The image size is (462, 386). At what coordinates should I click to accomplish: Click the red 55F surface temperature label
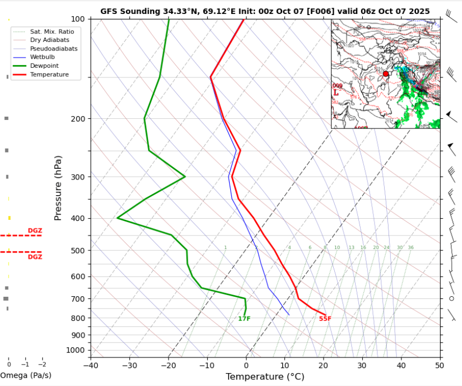coord(325,319)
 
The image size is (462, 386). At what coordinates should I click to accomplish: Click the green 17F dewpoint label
coord(244,319)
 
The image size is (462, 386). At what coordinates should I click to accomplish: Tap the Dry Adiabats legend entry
coord(48,40)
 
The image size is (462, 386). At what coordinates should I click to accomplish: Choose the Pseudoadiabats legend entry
coord(54,48)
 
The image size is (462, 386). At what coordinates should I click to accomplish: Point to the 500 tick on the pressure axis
coord(77,251)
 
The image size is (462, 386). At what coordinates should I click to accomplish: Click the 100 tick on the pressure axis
coord(77,19)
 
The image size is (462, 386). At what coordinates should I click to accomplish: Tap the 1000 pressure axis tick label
coord(75,351)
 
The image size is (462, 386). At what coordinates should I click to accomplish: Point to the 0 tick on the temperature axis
coord(246,366)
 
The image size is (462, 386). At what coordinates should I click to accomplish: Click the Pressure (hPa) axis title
coord(58,188)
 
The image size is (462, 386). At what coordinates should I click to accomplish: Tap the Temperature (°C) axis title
coord(266,377)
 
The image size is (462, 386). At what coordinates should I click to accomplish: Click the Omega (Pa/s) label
coord(25,375)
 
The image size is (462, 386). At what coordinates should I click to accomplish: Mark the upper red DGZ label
coord(35,231)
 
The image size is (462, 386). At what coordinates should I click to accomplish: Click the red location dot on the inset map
coord(385,74)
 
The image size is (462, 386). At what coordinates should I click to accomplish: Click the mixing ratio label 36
coord(410,248)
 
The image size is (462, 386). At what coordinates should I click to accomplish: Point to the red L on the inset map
coord(336,92)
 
